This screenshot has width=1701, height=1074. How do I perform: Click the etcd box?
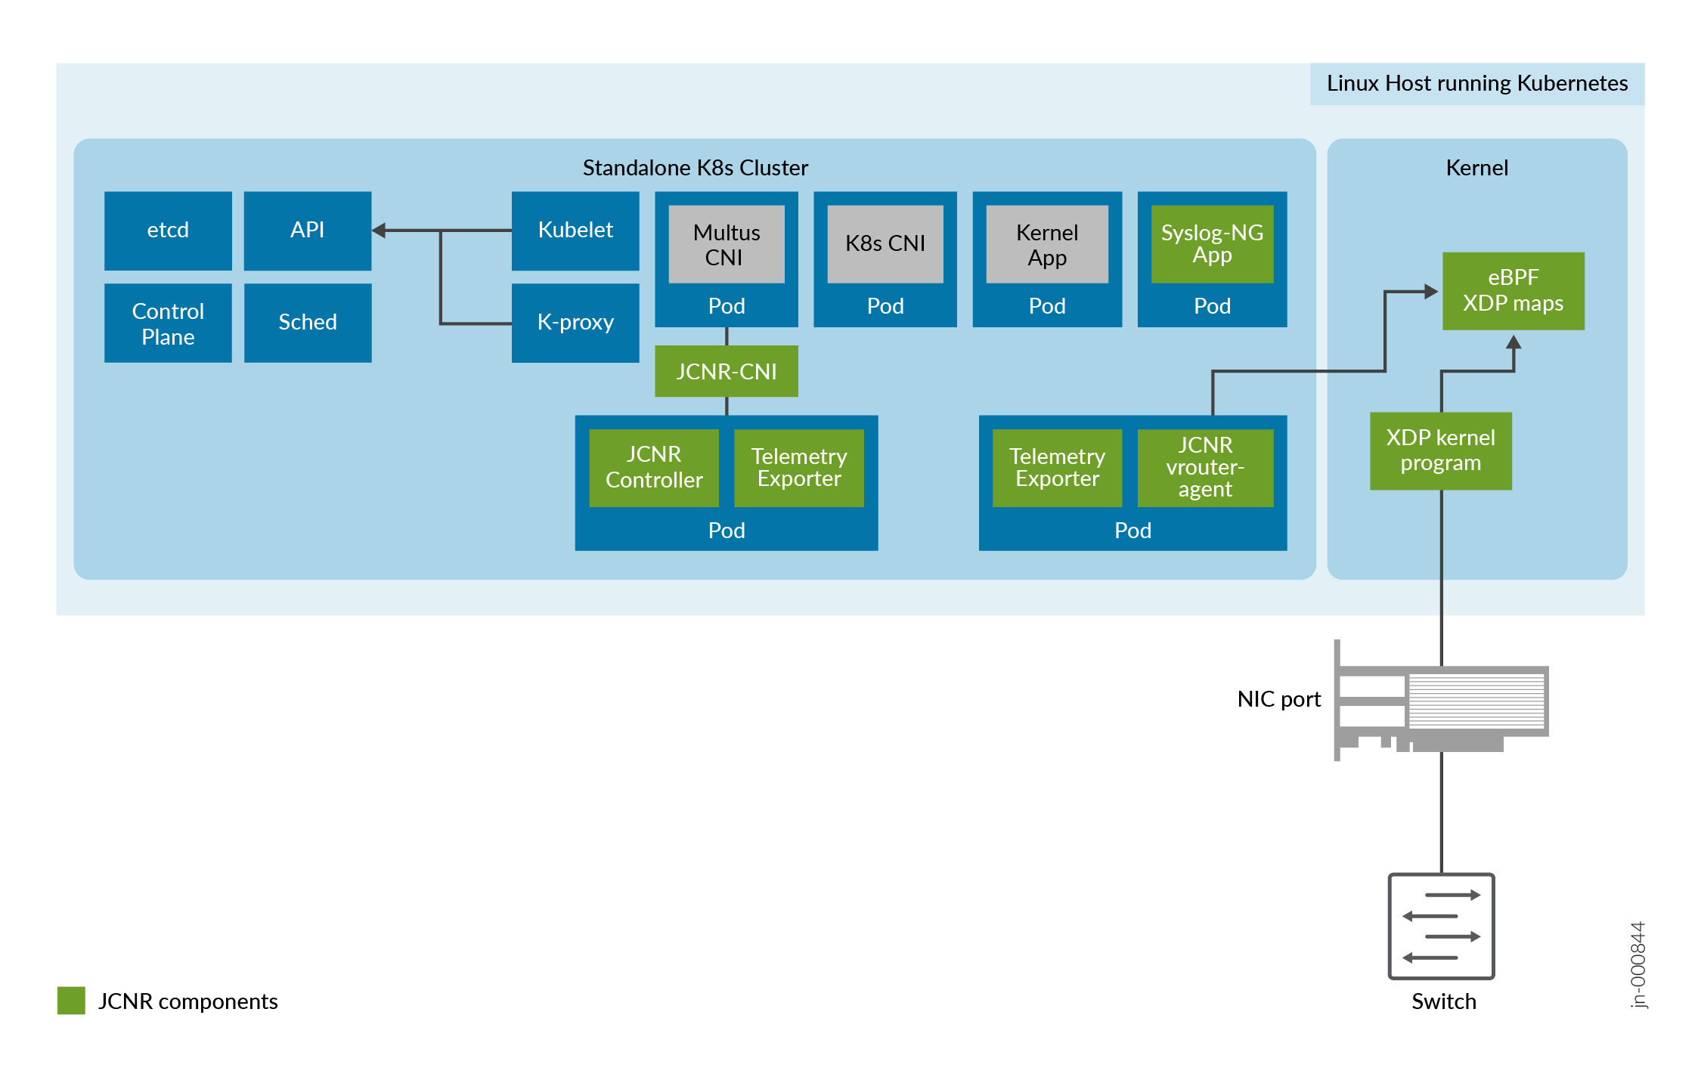pos(168,231)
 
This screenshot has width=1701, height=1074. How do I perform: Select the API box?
pos(307,231)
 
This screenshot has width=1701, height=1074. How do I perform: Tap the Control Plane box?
pos(168,323)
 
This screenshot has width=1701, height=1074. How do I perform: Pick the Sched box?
pos(307,323)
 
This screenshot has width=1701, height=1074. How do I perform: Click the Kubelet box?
pos(575,231)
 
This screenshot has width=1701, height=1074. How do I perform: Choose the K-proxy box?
pos(575,323)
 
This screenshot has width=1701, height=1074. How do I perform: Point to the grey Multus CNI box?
pos(726,244)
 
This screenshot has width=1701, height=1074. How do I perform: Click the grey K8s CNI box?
pos(885,244)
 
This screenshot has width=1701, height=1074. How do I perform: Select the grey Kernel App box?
pos(1046,244)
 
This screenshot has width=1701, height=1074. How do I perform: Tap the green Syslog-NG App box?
pos(1211,244)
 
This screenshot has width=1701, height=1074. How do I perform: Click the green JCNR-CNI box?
pos(726,371)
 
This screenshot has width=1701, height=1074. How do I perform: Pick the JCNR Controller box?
pos(653,467)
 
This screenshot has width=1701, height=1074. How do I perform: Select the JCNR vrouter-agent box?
pos(1204,467)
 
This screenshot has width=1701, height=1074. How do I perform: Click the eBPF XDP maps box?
pos(1513,291)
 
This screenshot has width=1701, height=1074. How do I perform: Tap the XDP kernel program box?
pos(1440,450)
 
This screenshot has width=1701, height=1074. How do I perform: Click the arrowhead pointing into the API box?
pos(380,231)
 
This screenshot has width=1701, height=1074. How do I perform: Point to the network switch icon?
pos(1441,926)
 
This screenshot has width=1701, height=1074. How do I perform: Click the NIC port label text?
pos(1278,699)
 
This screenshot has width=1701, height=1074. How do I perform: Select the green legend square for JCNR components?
pos(71,1000)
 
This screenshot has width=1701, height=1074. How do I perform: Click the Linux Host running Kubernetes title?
pos(1476,83)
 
